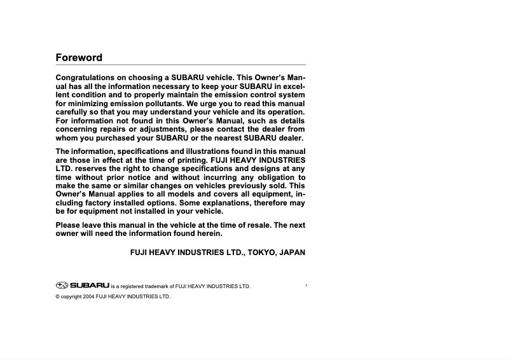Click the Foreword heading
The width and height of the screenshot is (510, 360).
click(x=79, y=57)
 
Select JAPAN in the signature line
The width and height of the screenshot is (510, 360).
click(x=291, y=253)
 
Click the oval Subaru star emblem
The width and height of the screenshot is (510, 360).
click(x=62, y=286)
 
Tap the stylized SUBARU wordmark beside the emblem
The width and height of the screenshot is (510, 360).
click(x=90, y=286)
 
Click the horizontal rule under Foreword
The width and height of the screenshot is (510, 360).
click(x=181, y=65)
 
